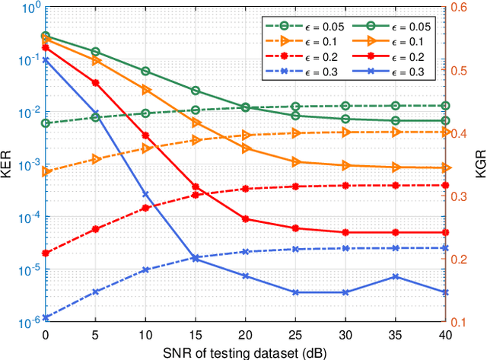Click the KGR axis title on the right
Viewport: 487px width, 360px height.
(478, 164)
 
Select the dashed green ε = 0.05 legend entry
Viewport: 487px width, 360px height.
(301, 27)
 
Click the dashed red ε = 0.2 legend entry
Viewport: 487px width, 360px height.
(301, 57)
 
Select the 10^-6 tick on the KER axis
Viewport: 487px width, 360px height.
(26, 323)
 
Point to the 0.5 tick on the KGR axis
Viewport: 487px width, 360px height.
(460, 70)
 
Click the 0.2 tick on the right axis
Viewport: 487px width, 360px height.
(460, 259)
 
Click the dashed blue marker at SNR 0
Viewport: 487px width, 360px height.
(46, 318)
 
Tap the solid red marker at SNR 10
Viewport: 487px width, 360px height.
(145, 135)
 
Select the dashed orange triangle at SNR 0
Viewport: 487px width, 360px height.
(46, 172)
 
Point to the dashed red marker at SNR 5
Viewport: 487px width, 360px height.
(96, 229)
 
